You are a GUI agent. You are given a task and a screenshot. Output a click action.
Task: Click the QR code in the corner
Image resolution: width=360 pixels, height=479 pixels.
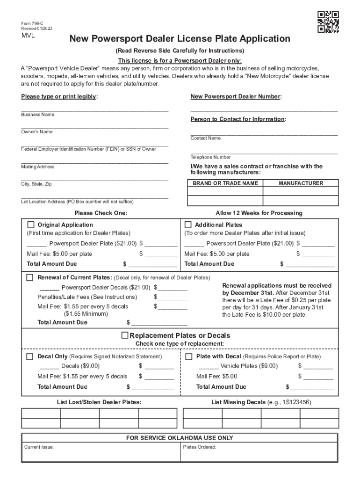328,22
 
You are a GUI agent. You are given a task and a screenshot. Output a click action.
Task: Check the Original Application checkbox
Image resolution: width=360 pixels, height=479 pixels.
31,225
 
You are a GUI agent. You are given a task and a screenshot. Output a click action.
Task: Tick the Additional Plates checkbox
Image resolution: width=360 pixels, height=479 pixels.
189,225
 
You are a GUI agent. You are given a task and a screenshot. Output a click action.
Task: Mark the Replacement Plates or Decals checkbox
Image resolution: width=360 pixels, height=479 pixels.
125,335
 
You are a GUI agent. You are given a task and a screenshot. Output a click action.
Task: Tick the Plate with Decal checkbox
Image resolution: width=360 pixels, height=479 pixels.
189,356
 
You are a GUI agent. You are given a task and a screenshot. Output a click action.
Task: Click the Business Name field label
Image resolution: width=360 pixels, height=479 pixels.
37,115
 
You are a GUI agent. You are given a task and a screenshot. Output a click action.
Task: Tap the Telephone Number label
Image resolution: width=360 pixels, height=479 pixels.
210,158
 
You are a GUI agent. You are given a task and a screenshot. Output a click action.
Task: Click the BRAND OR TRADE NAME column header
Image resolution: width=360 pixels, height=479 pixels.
225,183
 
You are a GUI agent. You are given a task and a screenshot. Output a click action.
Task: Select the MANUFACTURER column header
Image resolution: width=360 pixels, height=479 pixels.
301,183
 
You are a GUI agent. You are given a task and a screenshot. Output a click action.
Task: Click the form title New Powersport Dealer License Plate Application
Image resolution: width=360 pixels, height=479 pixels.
180,39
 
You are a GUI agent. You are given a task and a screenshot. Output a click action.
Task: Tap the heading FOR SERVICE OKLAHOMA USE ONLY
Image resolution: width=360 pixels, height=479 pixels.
180,438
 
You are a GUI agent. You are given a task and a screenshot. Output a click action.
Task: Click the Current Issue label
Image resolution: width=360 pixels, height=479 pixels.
39,447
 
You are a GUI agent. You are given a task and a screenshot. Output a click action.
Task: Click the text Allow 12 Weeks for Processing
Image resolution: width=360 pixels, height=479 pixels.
259,213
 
